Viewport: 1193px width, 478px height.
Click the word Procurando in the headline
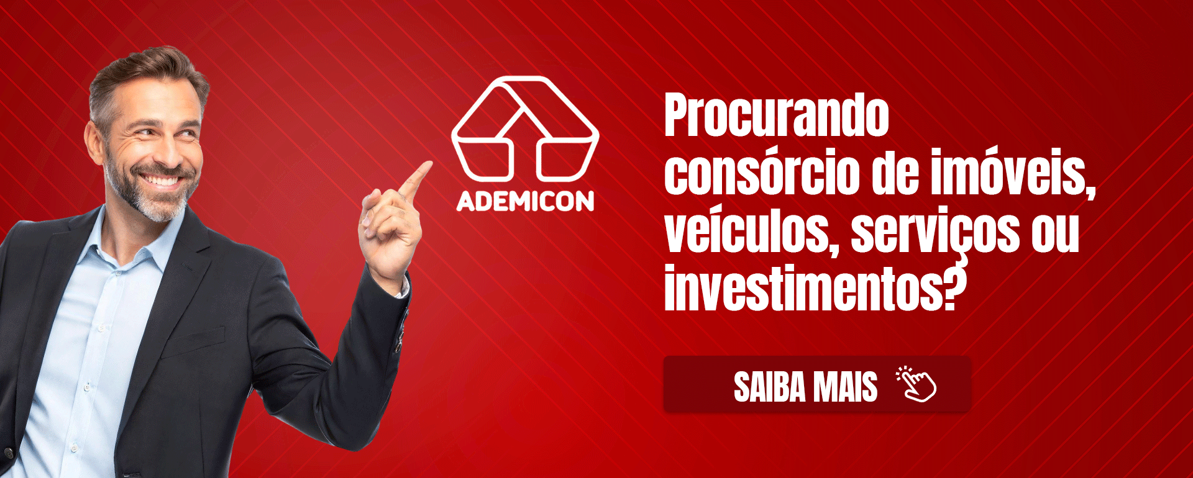[777, 115]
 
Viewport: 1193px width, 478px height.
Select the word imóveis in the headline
[1013, 173]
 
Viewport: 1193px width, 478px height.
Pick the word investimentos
[805, 289]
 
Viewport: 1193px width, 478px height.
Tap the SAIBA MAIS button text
[805, 387]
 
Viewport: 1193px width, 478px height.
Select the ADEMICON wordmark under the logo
[526, 201]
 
